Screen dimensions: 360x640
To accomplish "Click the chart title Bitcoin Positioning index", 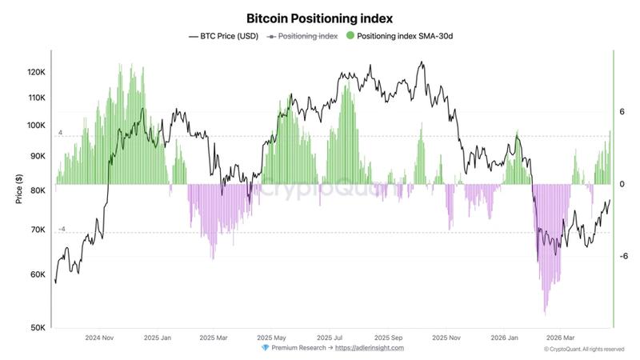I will (319, 18).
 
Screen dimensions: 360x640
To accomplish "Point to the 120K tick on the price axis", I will (37, 72).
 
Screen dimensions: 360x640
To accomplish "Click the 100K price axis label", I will (37, 126).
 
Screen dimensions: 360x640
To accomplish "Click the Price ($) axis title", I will (18, 189).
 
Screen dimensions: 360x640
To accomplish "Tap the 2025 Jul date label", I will (330, 338).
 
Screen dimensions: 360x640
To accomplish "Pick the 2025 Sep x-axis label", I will (387, 338).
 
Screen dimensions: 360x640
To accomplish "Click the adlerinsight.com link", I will (370, 348).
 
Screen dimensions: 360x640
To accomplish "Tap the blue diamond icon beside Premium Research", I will (265, 348).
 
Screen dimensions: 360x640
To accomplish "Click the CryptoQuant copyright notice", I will (584, 349).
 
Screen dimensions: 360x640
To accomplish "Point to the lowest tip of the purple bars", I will (545, 314).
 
